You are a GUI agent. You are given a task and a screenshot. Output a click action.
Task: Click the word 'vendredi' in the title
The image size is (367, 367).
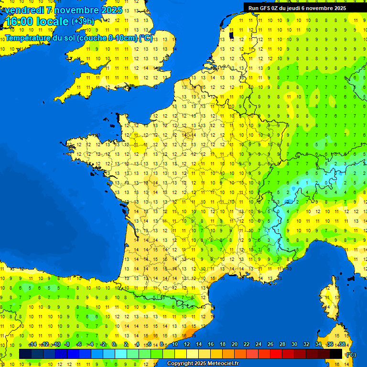(23, 10)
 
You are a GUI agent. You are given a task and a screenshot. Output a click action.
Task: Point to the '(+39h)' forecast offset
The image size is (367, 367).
(83, 22)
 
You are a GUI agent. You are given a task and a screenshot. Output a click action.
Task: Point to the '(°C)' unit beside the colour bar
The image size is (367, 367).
(350, 354)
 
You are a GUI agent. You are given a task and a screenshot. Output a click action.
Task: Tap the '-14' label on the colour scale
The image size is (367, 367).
(32, 344)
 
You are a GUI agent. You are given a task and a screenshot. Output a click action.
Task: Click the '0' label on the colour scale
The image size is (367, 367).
(114, 344)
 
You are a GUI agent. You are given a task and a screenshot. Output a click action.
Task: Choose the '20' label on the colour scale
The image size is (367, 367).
(234, 344)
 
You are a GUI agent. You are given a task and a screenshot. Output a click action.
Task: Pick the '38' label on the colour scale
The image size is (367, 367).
(342, 344)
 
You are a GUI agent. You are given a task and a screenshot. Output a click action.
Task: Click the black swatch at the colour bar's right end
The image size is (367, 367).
(336, 354)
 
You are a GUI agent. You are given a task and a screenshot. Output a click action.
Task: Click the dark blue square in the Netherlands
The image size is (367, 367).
(232, 35)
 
